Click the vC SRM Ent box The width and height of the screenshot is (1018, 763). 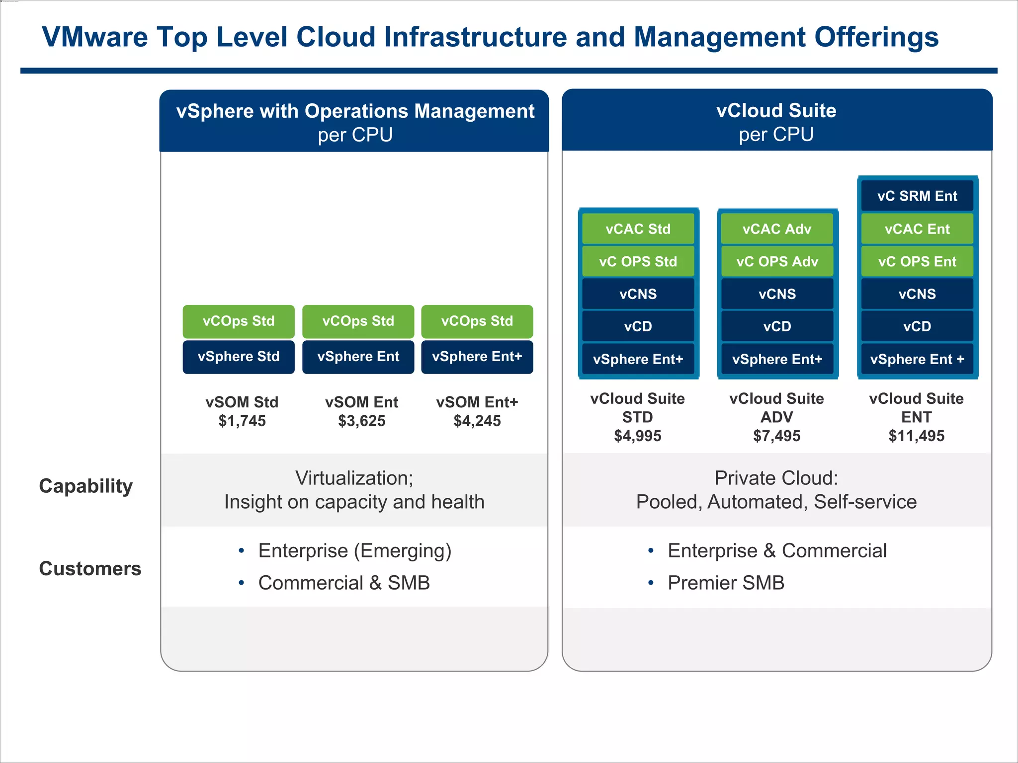[917, 196]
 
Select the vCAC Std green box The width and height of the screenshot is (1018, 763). [638, 229]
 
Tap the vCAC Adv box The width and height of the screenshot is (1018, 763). [777, 229]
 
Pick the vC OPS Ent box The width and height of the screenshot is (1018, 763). [917, 261]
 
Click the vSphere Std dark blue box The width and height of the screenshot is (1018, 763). [239, 357]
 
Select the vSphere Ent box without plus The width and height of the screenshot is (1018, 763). [358, 357]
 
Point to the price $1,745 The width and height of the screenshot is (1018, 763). [242, 421]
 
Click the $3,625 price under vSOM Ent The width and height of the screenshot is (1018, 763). [361, 421]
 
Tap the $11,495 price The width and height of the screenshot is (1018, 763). [917, 436]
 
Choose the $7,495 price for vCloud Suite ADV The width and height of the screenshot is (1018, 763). [777, 436]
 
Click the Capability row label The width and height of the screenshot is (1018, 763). [86, 486]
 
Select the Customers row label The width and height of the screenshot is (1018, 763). [90, 568]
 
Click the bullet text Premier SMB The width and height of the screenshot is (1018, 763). [726, 583]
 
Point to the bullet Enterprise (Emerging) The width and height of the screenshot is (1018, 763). [354, 551]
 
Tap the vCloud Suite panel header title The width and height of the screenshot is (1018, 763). [776, 111]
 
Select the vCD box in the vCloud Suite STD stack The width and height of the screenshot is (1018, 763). [638, 326]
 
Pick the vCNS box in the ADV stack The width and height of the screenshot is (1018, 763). [777, 294]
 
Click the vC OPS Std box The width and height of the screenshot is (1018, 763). [638, 261]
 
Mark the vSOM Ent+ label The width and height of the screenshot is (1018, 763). [477, 402]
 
